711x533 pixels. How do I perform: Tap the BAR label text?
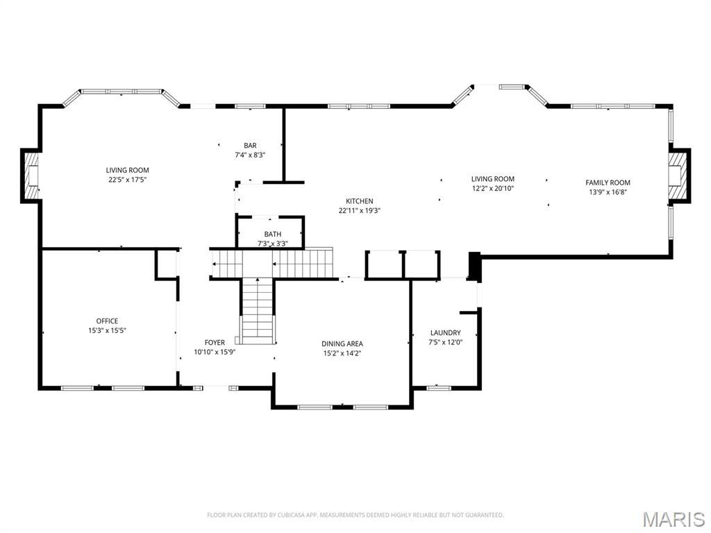click(250, 145)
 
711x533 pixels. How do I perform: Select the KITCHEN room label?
click(360, 201)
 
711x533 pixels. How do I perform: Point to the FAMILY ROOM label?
click(608, 183)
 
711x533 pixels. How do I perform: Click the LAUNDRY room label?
click(445, 332)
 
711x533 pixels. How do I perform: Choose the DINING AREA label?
click(342, 344)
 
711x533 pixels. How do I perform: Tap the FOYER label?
click(215, 342)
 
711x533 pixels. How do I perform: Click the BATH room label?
click(272, 235)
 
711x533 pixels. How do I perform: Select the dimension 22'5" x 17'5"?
click(127, 179)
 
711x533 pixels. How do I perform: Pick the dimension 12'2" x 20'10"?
click(492, 188)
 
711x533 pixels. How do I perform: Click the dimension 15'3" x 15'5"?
click(107, 330)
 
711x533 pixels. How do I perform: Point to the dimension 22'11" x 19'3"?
click(360, 210)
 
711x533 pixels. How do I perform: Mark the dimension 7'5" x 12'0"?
click(445, 342)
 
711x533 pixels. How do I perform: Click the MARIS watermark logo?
click(674, 518)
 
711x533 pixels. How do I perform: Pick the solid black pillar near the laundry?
click(475, 266)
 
